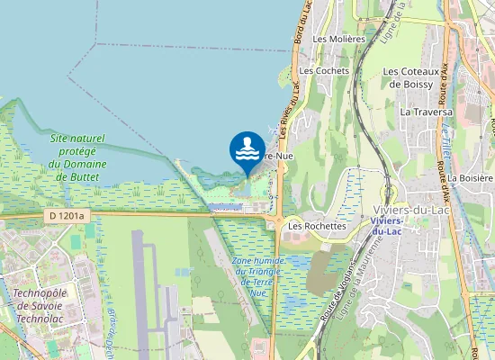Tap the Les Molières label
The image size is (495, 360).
pyautogui.click(x=338, y=39)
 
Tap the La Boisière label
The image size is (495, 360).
pyautogui.click(x=471, y=178)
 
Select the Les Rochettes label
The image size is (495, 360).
pyautogui.click(x=317, y=226)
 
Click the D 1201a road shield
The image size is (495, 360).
pyautogui.click(x=66, y=216)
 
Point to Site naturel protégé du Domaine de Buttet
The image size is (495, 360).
pyautogui.click(x=77, y=157)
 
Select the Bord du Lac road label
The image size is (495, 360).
pyautogui.click(x=302, y=22)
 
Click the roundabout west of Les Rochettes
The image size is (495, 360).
pyautogui.click(x=278, y=223)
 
